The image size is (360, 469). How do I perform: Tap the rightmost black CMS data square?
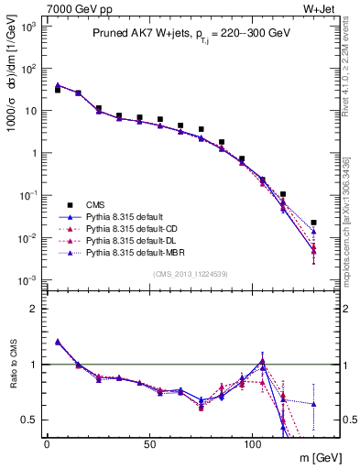point(314,222)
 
